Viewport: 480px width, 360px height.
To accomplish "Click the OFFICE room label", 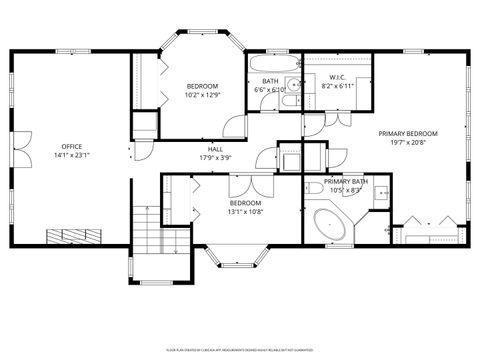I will [x=71, y=147].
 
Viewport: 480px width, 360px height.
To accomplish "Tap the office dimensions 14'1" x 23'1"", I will [x=71, y=156].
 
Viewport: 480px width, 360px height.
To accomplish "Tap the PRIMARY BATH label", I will [x=345, y=181].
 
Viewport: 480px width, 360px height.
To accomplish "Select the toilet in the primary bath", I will [x=313, y=189].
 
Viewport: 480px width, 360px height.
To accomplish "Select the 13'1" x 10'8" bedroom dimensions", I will [x=245, y=211].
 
